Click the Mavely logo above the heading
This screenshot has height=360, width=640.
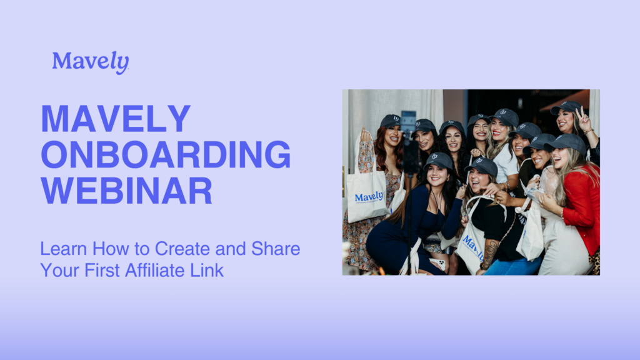91,62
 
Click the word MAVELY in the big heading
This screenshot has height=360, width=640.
116,119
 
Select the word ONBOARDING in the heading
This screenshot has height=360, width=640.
166,155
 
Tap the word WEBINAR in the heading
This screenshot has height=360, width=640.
126,191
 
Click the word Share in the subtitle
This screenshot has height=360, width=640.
276,249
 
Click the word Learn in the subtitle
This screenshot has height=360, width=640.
63,249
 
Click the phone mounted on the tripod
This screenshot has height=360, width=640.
407,122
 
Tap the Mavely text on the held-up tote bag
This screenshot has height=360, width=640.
369,197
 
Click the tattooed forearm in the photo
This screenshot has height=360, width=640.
490,252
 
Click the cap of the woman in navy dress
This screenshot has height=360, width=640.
439,161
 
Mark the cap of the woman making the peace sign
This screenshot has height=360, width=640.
566,107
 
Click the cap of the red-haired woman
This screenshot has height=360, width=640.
391,121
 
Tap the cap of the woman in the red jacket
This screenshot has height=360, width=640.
566,143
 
